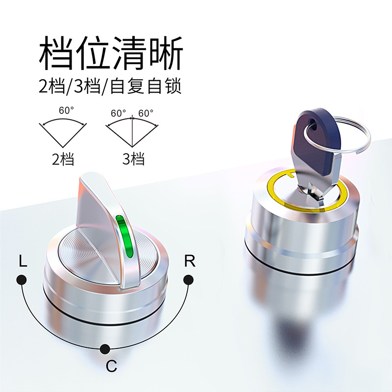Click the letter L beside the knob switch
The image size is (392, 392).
click(x=23, y=261)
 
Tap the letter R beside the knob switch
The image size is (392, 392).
click(x=190, y=261)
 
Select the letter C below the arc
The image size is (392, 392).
click(x=111, y=366)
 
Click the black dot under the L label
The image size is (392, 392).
click(x=22, y=280)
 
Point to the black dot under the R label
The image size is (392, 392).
click(x=188, y=280)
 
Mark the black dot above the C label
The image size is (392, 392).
click(x=105, y=349)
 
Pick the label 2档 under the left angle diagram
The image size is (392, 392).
click(x=63, y=159)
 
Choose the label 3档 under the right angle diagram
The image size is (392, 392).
click(x=133, y=159)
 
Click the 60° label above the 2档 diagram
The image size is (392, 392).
click(x=67, y=110)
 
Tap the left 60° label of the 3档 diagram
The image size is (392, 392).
click(x=118, y=113)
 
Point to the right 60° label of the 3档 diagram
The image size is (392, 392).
click(x=146, y=113)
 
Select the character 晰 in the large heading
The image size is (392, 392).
click(x=166, y=53)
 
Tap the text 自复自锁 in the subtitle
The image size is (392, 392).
click(x=146, y=86)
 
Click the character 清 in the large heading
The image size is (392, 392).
click(x=129, y=53)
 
